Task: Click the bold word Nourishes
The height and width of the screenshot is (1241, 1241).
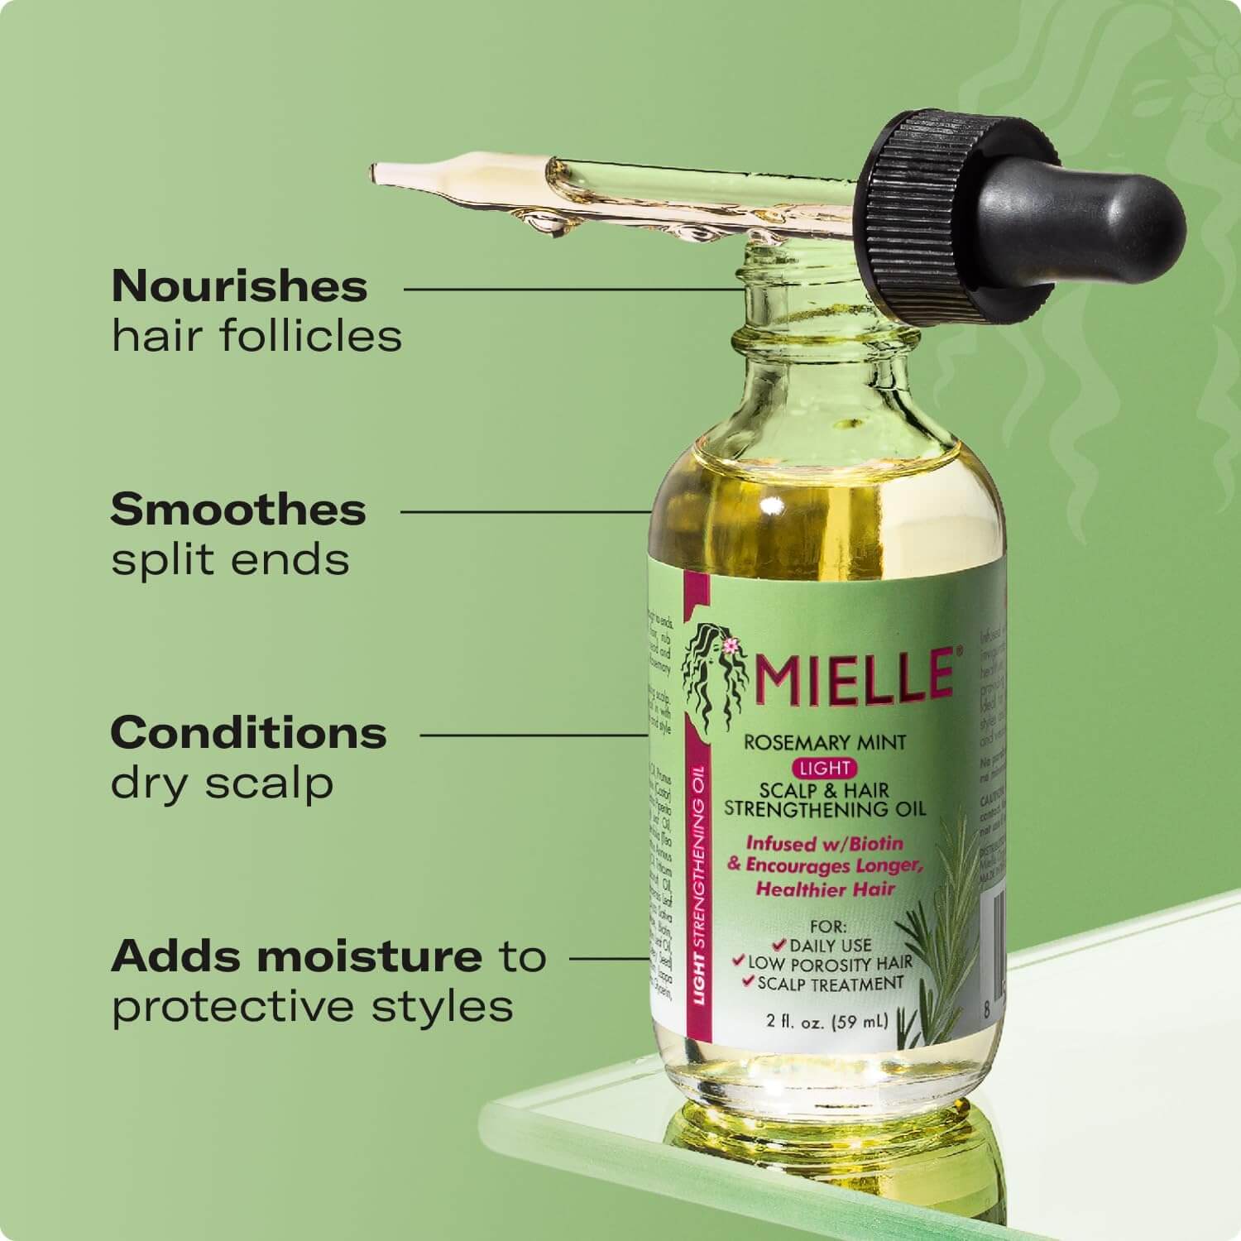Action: tap(239, 286)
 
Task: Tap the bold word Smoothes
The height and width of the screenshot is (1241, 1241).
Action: tap(238, 510)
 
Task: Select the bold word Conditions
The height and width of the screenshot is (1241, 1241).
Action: tap(248, 733)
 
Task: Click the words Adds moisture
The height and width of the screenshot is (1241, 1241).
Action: tap(297, 956)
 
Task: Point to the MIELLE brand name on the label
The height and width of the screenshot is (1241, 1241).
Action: tap(856, 675)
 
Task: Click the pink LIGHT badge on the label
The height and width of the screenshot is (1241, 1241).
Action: tap(826, 768)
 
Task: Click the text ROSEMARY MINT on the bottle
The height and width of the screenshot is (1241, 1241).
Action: tap(813, 742)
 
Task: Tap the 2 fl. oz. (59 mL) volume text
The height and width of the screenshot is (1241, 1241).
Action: tap(827, 1021)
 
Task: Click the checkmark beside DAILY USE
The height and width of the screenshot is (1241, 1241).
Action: tap(777, 944)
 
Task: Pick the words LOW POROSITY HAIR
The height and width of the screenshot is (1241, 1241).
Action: tap(830, 964)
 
